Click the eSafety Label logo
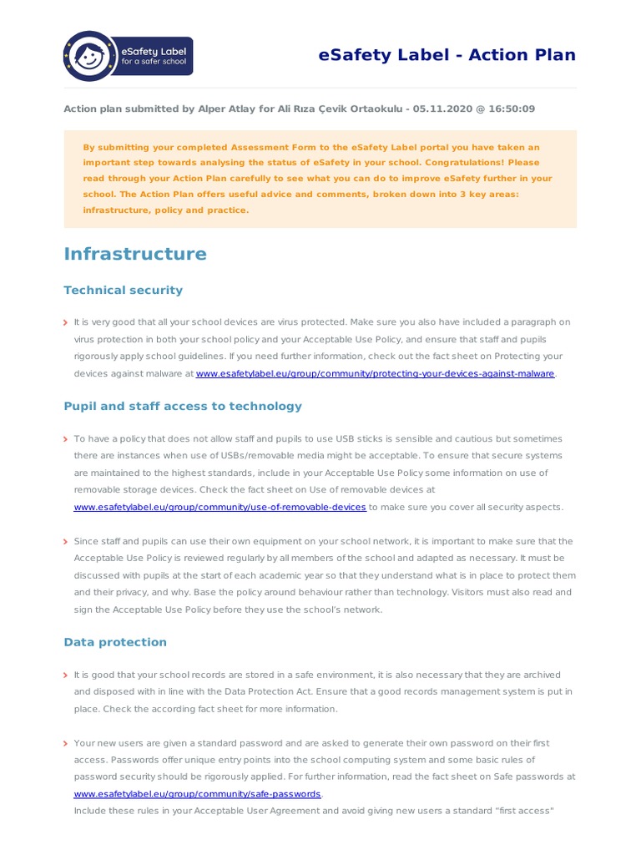[x=129, y=56]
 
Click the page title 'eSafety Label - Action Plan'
[x=447, y=55]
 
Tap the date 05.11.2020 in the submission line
[x=444, y=109]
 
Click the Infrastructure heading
[x=135, y=254]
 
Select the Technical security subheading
[x=123, y=290]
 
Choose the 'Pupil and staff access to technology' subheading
[x=183, y=407]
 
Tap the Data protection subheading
[x=115, y=642]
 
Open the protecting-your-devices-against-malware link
[x=375, y=374]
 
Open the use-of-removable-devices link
[x=220, y=508]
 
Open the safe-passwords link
[x=197, y=794]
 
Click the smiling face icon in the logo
[x=89, y=57]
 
